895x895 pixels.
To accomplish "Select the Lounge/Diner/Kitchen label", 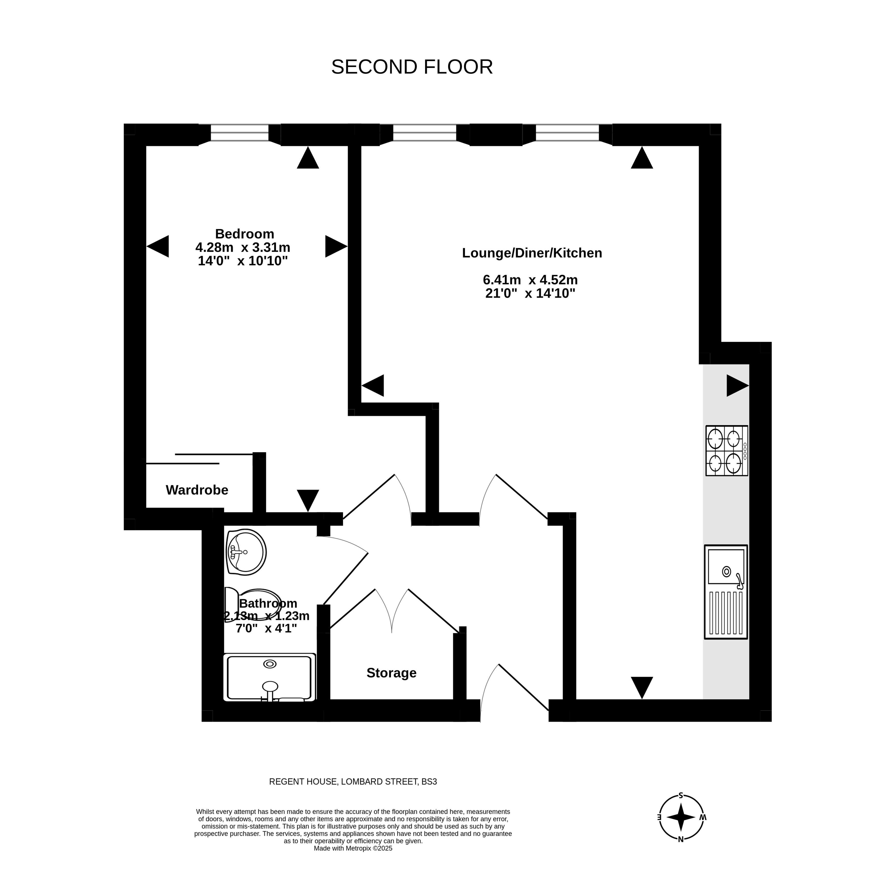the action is point(532,253).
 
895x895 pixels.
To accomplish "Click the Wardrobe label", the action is point(197,490).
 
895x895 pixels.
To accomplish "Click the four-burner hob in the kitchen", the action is point(726,451).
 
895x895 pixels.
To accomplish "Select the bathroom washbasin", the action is point(246,552).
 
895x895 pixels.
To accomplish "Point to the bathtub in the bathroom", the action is point(269,677).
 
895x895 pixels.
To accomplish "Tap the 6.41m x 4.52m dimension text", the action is point(530,280).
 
